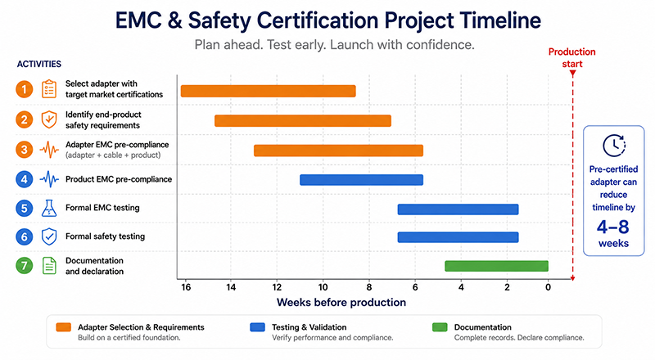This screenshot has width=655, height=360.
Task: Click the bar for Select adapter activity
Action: click(x=269, y=91)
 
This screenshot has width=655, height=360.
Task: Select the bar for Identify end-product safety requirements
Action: click(x=303, y=121)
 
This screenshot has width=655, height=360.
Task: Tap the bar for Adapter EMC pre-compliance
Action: click(x=338, y=151)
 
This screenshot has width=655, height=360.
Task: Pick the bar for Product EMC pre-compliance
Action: click(x=361, y=180)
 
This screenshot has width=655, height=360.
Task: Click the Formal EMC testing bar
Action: click(x=458, y=209)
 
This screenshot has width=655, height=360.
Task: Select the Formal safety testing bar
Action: click(x=458, y=237)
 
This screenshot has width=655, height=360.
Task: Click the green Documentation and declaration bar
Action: click(x=496, y=266)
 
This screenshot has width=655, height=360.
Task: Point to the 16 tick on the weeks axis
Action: click(x=186, y=287)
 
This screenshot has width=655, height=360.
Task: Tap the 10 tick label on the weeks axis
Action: click(x=323, y=287)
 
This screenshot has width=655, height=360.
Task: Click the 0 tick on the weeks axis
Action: click(x=548, y=287)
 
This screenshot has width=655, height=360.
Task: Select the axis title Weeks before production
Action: click(x=341, y=303)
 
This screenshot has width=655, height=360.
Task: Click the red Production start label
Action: click(x=571, y=57)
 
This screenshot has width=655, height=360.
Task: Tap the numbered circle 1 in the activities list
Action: click(x=25, y=89)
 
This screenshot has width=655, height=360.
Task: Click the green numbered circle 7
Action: click(x=25, y=266)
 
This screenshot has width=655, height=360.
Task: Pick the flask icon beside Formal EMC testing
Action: click(x=49, y=208)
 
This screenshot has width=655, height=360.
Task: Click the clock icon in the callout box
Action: click(x=614, y=146)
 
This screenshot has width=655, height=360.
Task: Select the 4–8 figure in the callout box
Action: click(x=612, y=227)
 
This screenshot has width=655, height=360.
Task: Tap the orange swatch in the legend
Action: click(x=64, y=327)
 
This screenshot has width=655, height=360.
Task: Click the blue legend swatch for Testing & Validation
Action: click(x=257, y=327)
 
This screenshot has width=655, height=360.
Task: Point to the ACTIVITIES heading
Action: click(x=38, y=64)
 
